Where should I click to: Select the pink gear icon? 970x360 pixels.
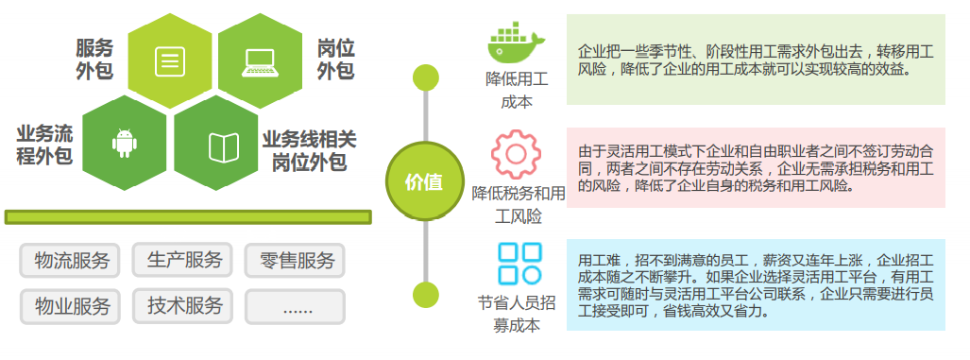click(x=516, y=155)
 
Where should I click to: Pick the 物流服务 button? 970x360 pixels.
click(x=71, y=260)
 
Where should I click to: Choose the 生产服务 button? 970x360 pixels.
click(x=184, y=260)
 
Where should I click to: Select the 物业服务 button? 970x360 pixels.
click(x=71, y=306)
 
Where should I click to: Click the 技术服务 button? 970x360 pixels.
click(x=184, y=306)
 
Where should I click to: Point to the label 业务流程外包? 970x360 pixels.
click(x=44, y=144)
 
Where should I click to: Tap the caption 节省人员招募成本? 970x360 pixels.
click(x=516, y=314)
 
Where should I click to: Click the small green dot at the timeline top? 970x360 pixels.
click(x=426, y=78)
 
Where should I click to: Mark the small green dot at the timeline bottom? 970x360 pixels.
click(x=426, y=294)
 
